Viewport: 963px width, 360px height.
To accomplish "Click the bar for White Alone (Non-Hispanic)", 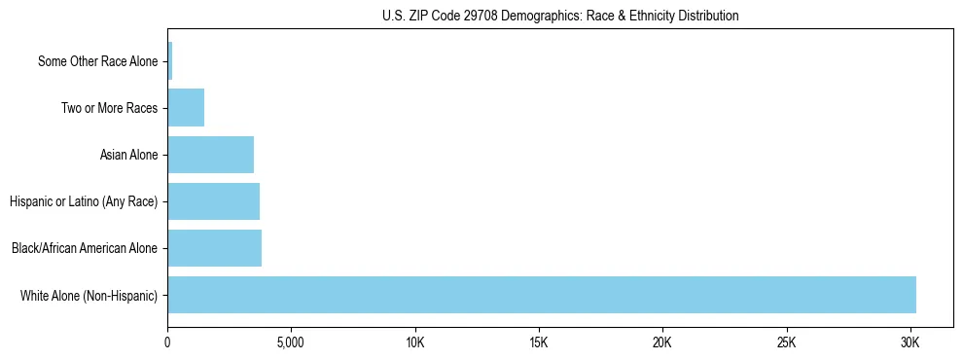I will [542, 295].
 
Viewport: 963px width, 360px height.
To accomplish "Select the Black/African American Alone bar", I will [215, 248].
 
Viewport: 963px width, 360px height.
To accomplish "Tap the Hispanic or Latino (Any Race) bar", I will [214, 201].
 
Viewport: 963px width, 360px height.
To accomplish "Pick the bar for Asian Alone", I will [211, 155].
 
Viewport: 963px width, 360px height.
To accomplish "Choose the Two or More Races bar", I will [186, 108].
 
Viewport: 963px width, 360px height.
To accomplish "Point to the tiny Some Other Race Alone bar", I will [170, 61].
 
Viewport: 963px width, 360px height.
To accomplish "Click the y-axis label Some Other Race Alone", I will [97, 61].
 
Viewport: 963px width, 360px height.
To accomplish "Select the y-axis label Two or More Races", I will [109, 108].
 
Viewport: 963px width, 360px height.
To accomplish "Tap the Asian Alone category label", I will [128, 155].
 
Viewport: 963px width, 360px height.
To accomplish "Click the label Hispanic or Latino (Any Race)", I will [84, 201].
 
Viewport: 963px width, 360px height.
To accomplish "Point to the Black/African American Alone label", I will [85, 248].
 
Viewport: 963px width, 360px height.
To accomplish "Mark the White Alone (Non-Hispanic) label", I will [89, 295].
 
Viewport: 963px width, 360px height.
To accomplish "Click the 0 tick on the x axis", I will [168, 343].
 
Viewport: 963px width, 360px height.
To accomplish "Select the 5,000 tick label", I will [292, 343].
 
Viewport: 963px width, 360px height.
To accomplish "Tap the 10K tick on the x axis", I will [415, 343].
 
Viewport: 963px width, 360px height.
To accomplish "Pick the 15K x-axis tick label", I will [539, 343].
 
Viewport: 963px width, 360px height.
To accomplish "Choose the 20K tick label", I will [662, 343].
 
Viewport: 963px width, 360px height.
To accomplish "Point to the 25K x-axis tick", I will [786, 343].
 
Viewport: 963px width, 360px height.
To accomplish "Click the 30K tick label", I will [909, 343].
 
